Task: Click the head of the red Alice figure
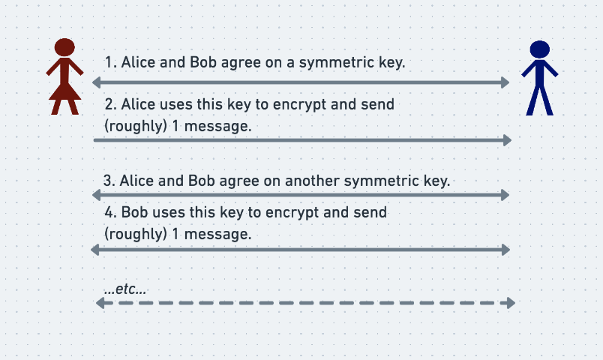pos(64,47)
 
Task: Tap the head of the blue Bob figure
pos(539,49)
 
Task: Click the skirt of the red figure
pos(64,91)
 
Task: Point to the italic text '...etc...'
pos(125,289)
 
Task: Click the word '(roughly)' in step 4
pos(136,234)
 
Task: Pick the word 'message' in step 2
pos(217,126)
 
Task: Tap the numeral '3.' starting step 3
pos(109,181)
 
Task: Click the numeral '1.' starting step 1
pos(111,62)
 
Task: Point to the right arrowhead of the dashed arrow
pos(511,303)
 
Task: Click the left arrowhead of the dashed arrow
pos(100,303)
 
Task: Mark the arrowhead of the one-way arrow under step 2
pos(507,140)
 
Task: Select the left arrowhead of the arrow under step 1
pos(97,82)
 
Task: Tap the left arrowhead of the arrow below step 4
pos(95,250)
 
